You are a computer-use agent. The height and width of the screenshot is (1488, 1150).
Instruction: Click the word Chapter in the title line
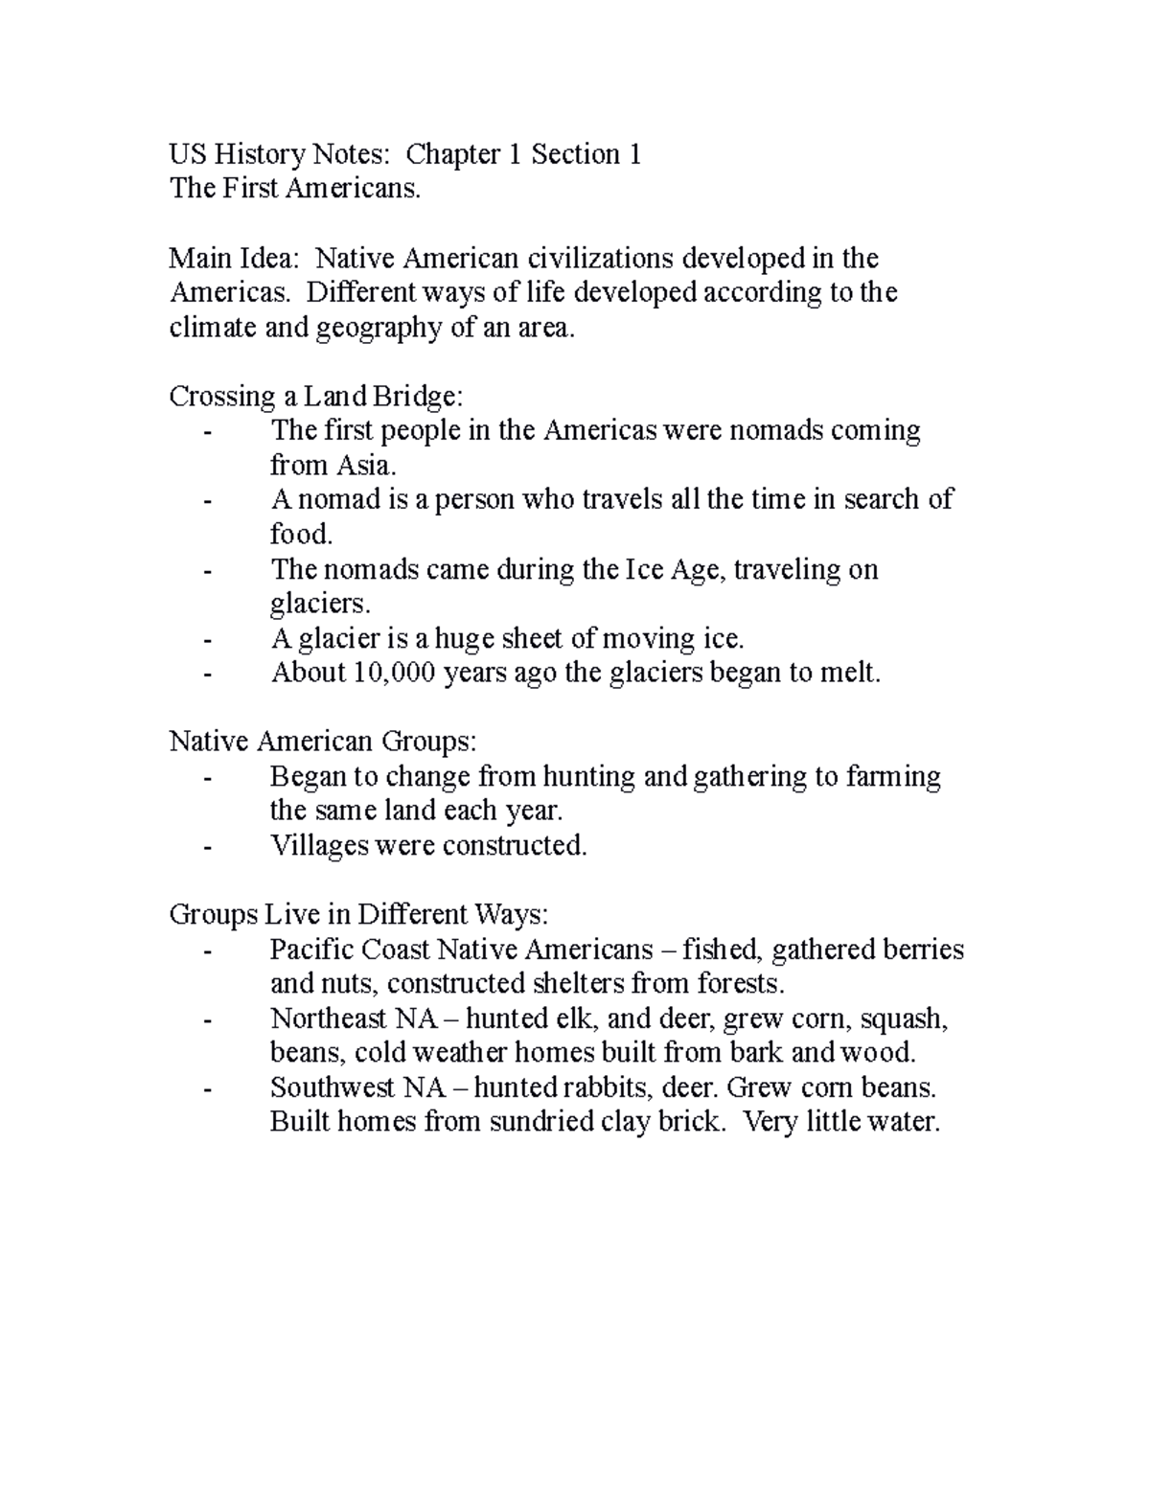tap(453, 154)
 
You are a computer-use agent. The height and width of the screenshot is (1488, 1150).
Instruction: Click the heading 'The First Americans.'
tap(294, 189)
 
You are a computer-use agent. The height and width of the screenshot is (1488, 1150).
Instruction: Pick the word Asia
tap(363, 466)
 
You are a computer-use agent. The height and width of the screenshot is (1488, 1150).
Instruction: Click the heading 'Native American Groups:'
tap(322, 742)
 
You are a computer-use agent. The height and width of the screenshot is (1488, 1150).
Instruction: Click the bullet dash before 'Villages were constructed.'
tap(207, 846)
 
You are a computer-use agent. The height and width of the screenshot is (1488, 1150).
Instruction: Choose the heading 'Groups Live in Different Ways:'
tap(358, 914)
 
